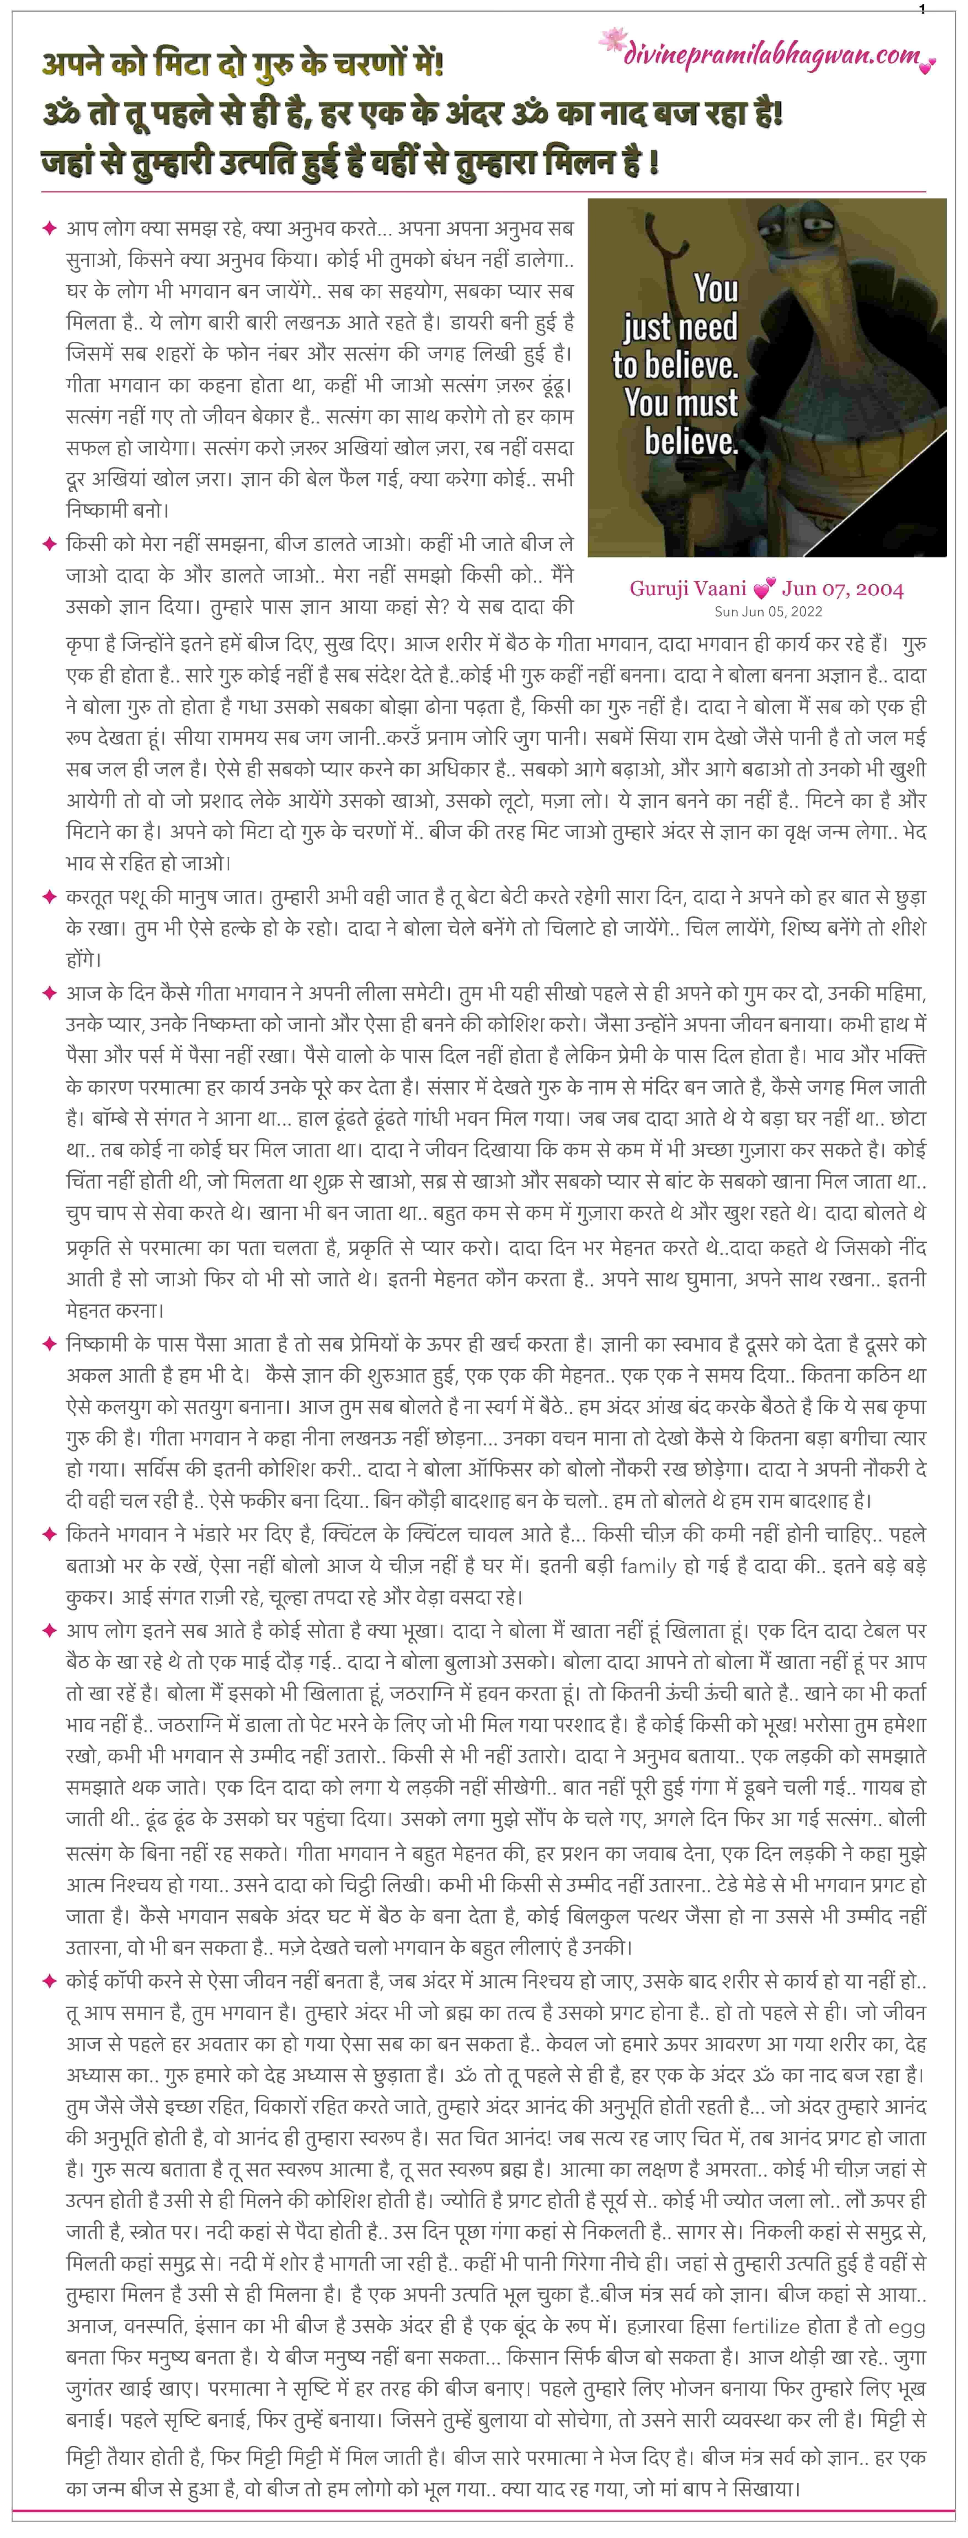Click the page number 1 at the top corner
(x=922, y=9)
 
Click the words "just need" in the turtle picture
(x=680, y=326)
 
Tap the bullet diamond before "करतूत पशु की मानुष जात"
(x=48, y=897)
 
